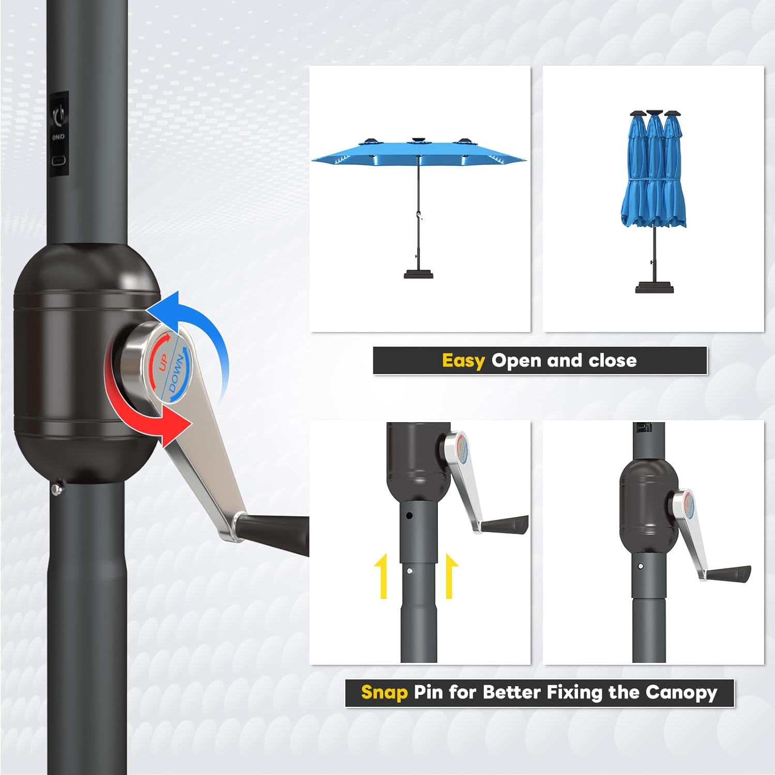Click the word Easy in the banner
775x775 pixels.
463,361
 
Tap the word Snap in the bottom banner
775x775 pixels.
384,692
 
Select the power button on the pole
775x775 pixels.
60,114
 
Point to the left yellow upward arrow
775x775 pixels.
383,576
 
